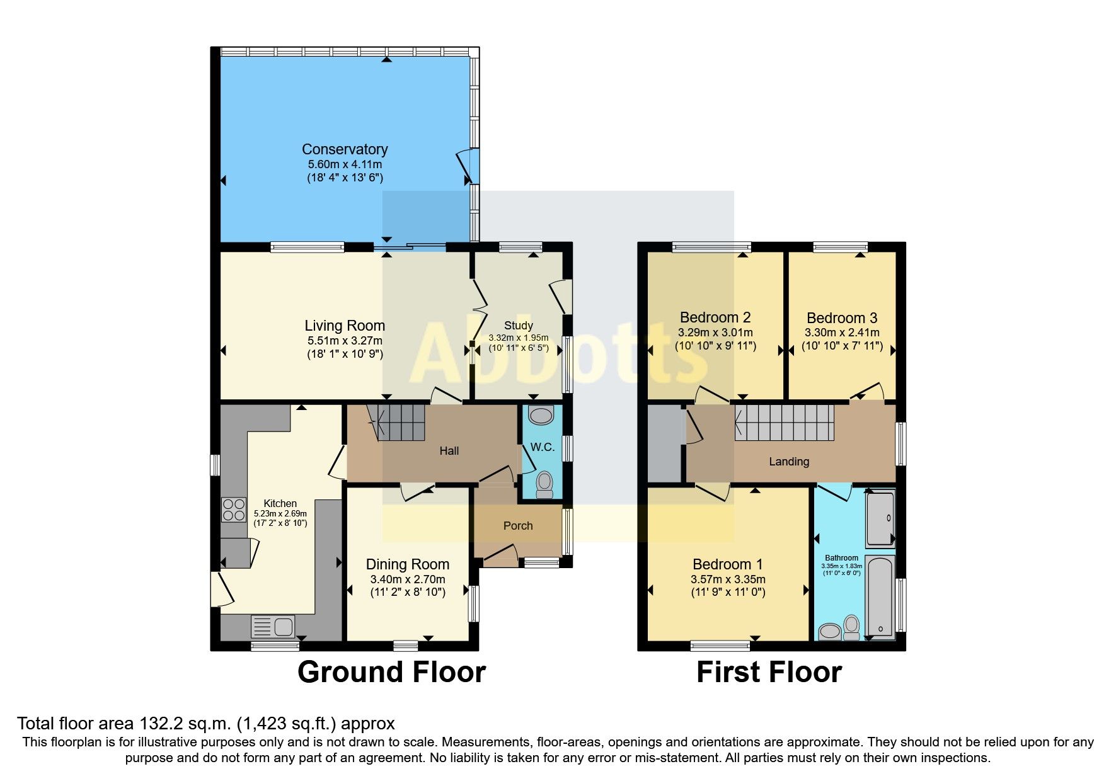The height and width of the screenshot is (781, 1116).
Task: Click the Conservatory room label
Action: point(345,149)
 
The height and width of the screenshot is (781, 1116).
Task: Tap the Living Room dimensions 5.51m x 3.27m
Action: point(345,341)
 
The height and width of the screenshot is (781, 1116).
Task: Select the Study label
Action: point(518,326)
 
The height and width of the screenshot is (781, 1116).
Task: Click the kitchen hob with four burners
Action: point(234,510)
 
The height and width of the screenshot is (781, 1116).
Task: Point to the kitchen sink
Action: point(273,627)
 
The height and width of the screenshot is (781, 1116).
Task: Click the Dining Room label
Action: point(407,564)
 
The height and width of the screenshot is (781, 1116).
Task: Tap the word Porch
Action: point(518,526)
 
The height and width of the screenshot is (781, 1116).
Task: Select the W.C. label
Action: point(542,447)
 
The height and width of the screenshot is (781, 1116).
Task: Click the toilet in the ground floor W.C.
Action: point(544,484)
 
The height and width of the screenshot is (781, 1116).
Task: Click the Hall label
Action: point(449,451)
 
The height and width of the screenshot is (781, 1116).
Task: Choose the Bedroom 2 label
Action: point(715,317)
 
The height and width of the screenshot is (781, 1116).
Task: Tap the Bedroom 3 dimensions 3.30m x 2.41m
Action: point(842,333)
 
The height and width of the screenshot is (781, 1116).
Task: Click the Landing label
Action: point(788,462)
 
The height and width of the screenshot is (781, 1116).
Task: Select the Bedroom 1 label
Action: point(728,564)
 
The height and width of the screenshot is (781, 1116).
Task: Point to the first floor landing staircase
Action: point(785,422)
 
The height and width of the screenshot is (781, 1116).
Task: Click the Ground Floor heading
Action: point(391,672)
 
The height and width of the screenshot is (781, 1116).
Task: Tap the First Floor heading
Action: point(769,672)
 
